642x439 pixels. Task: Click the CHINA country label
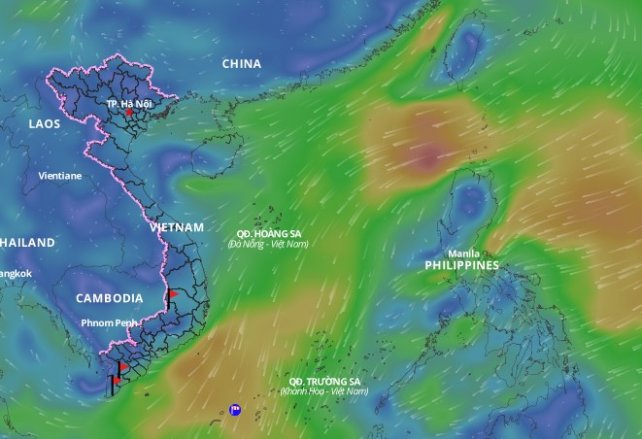coord(242,64)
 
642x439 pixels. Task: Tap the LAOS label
coord(45,124)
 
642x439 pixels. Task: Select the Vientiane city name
coord(60,176)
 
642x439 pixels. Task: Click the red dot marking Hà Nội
coord(128,113)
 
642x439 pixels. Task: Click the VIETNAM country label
coord(178,227)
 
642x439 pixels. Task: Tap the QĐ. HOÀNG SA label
coord(268,233)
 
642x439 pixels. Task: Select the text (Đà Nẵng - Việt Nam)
coord(268,244)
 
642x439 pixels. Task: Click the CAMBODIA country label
coord(110,298)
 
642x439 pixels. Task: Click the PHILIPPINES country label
coord(461,265)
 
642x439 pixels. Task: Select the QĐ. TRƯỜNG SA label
coord(324,381)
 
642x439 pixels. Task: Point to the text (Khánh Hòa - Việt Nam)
coord(324,391)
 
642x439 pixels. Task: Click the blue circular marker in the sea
coord(235,410)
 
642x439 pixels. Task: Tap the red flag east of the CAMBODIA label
coord(173,292)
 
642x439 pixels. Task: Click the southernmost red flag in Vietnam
coord(118,381)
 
